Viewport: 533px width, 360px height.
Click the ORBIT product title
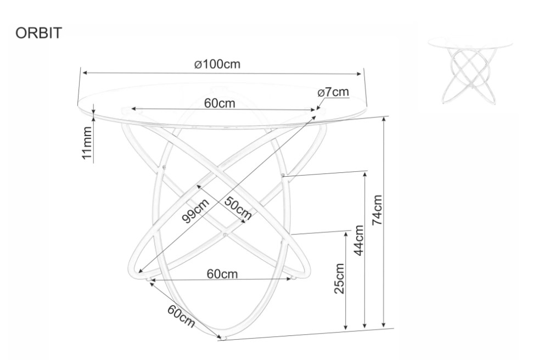click(38, 33)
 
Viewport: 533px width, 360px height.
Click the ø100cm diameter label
click(217, 64)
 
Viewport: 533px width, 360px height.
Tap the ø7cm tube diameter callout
click(333, 92)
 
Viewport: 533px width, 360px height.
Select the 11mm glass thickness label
click(87, 143)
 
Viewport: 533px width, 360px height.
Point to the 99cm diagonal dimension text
click(196, 211)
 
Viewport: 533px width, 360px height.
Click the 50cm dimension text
click(238, 208)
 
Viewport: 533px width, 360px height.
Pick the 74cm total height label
click(377, 210)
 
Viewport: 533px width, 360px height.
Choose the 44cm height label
click(358, 240)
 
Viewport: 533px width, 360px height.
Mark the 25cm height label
click(340, 278)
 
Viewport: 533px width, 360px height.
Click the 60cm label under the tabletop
click(220, 103)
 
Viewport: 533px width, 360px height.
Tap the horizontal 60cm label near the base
click(222, 274)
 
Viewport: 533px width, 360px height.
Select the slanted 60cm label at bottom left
click(181, 317)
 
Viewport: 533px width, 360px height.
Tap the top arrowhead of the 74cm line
click(384, 119)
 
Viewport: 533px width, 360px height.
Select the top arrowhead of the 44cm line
click(366, 174)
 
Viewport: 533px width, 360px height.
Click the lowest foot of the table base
click(223, 338)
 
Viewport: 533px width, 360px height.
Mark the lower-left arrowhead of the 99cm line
click(140, 271)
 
